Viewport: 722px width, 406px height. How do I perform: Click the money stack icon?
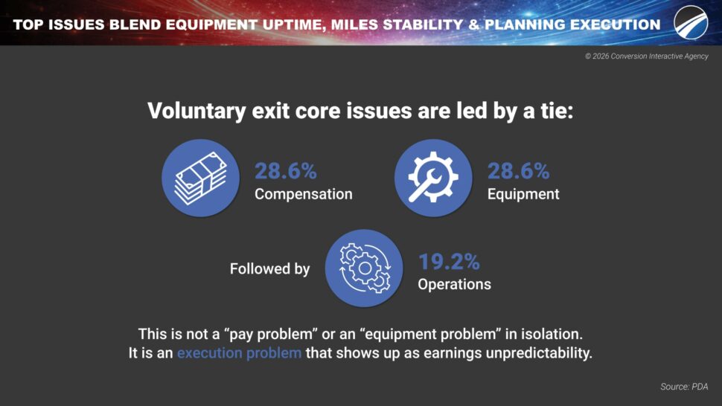(201, 178)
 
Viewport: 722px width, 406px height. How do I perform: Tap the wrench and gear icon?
(433, 178)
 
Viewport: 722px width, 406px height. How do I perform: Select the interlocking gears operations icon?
(364, 268)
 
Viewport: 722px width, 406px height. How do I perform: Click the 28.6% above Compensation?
(286, 171)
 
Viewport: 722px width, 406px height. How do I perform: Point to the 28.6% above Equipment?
(519, 171)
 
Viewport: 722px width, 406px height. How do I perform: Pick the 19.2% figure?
(449, 262)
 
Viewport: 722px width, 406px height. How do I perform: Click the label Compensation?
(304, 194)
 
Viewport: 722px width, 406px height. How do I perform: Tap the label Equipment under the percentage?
(523, 194)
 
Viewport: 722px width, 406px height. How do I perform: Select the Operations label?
(455, 284)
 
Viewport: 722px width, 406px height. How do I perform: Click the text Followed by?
(270, 268)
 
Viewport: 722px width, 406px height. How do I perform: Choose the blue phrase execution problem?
(240, 353)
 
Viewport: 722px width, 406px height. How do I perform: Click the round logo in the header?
(691, 22)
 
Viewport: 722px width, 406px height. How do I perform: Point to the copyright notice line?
(647, 56)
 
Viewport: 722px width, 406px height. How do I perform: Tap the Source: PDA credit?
(684, 387)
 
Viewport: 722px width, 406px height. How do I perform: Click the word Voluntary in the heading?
(197, 112)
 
